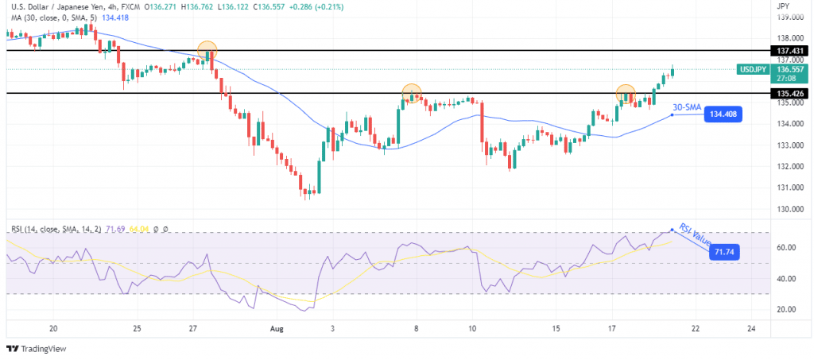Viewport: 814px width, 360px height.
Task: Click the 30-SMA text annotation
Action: [687, 106]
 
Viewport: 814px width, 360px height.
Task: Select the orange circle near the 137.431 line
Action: [207, 50]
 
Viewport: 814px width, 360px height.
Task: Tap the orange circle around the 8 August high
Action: [411, 93]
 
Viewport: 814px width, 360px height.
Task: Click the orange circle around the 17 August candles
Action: [626, 94]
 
